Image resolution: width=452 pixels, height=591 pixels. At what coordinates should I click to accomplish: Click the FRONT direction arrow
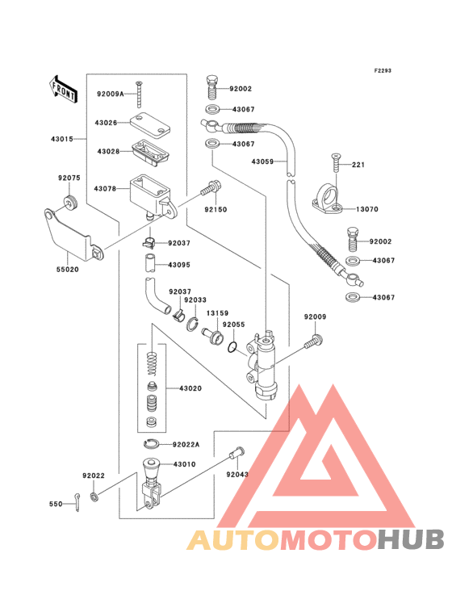click(x=63, y=90)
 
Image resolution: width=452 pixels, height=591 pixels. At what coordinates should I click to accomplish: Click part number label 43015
click(x=62, y=139)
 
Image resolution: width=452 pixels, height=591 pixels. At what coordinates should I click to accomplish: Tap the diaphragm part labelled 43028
click(x=150, y=153)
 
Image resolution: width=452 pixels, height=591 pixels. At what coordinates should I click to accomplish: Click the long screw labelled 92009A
click(x=139, y=94)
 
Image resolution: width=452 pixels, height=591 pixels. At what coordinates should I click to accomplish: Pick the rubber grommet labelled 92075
click(x=70, y=203)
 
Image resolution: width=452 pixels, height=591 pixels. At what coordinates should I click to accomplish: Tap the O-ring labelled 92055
click(x=232, y=347)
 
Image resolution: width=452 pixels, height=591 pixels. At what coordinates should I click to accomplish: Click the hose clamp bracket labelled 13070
click(x=328, y=199)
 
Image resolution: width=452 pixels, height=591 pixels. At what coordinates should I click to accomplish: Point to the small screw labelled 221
click(x=335, y=162)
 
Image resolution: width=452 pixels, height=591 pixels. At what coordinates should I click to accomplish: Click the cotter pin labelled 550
click(x=77, y=502)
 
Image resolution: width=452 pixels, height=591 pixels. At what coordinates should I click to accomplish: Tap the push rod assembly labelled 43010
click(x=152, y=483)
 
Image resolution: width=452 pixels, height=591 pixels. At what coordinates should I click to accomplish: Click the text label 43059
click(x=262, y=161)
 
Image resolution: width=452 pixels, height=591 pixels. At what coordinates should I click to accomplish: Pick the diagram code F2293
click(x=383, y=70)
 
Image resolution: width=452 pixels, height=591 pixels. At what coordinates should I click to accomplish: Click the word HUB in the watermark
click(x=412, y=539)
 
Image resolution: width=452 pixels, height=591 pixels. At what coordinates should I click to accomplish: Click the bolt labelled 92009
click(x=314, y=341)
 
